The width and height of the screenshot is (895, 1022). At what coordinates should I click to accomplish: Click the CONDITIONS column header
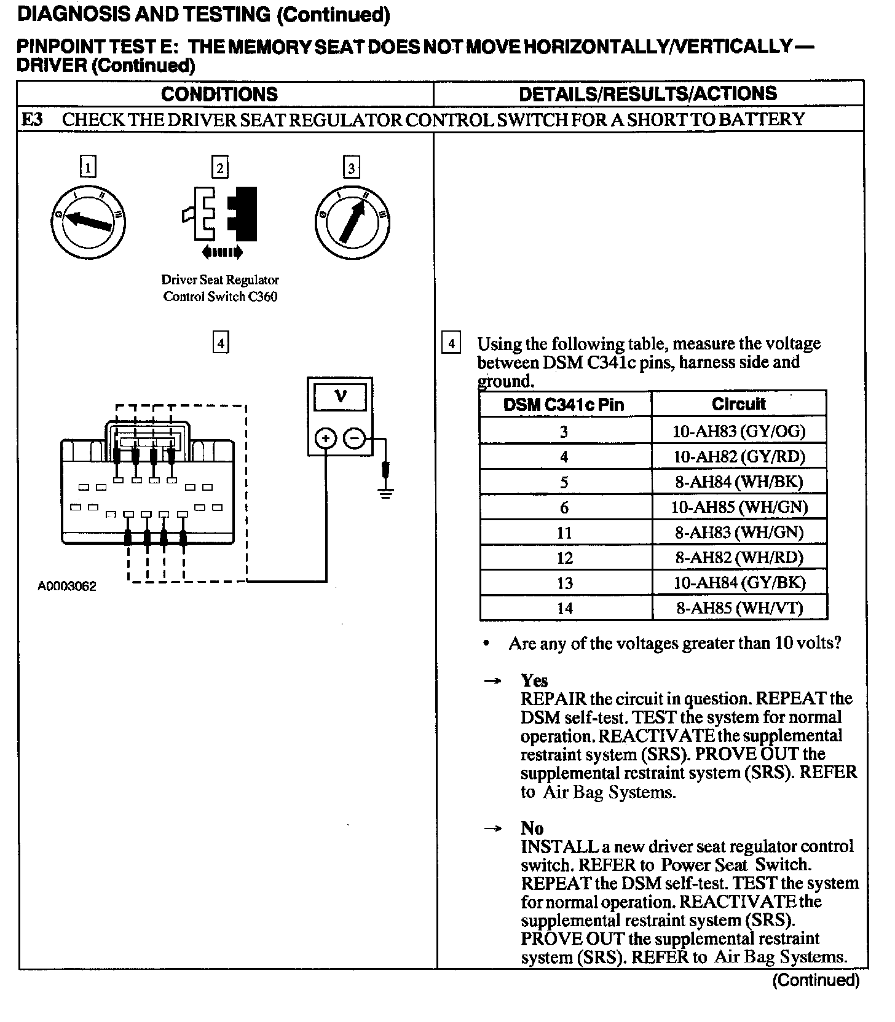pyautogui.click(x=219, y=94)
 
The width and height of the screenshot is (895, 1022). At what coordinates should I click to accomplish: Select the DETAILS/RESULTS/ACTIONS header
pyautogui.click(x=648, y=94)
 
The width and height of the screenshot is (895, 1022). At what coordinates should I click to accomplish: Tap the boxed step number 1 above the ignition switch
pyautogui.click(x=89, y=167)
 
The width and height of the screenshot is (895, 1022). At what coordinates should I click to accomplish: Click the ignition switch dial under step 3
pyautogui.click(x=352, y=222)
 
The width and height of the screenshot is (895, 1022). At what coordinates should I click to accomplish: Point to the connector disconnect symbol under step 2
pyautogui.click(x=220, y=215)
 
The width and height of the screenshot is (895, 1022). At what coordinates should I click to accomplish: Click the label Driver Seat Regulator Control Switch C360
pyautogui.click(x=220, y=288)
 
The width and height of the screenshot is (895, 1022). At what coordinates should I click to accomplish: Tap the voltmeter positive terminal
pyautogui.click(x=325, y=439)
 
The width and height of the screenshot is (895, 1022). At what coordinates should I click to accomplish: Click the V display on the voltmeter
pyautogui.click(x=340, y=397)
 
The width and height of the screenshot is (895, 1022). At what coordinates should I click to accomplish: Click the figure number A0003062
pyautogui.click(x=67, y=587)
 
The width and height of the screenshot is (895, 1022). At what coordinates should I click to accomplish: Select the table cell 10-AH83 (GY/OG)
pyautogui.click(x=739, y=431)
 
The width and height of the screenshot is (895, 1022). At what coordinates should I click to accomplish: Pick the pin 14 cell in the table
pyautogui.click(x=564, y=608)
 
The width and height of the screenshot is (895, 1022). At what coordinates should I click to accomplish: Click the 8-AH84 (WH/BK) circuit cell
pyautogui.click(x=739, y=482)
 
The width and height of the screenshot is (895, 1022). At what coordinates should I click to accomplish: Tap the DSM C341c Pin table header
pyautogui.click(x=564, y=405)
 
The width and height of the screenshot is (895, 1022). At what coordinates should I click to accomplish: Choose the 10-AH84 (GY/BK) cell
pyautogui.click(x=739, y=582)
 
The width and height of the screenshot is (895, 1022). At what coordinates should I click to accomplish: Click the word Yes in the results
pyautogui.click(x=534, y=681)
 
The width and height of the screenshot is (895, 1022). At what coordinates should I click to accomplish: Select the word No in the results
pyautogui.click(x=532, y=828)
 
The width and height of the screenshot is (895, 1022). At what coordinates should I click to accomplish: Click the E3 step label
pyautogui.click(x=32, y=119)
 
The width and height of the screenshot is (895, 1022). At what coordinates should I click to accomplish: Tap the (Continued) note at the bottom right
pyautogui.click(x=815, y=980)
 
